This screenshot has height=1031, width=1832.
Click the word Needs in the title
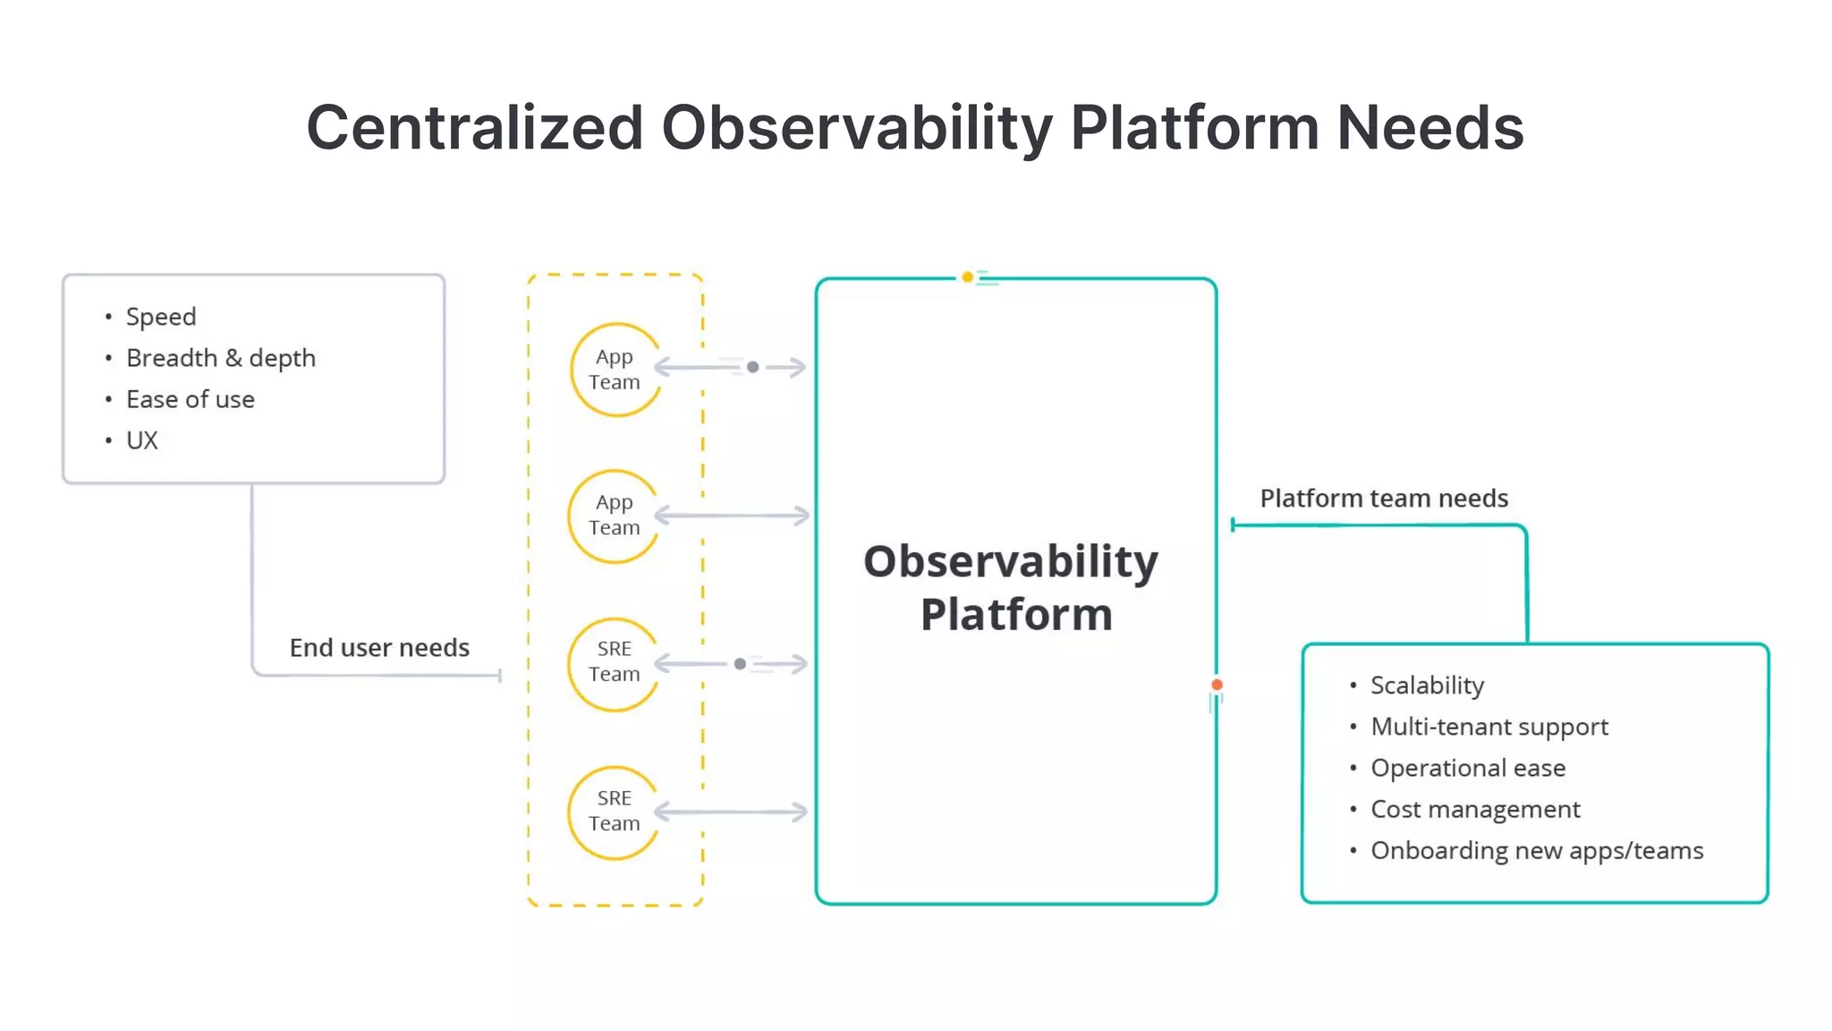click(1429, 127)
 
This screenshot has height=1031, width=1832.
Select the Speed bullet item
click(161, 317)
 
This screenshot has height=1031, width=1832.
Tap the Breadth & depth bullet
click(221, 358)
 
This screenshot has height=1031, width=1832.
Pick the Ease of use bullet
click(191, 399)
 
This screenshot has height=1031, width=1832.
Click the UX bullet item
click(142, 440)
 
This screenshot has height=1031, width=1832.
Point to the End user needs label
click(379, 647)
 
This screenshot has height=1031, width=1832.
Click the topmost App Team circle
click(615, 370)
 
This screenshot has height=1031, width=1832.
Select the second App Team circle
click(614, 515)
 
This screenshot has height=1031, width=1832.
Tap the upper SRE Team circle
click(614, 662)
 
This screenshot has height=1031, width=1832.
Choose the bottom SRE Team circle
click(614, 811)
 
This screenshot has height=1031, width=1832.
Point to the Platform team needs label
click(1384, 498)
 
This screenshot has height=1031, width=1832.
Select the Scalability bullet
click(1427, 686)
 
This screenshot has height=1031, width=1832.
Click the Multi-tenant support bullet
click(1489, 727)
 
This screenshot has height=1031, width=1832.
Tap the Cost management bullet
click(1475, 809)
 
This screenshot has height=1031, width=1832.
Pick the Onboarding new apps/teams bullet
click(1537, 850)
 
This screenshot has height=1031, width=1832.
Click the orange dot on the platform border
click(1217, 685)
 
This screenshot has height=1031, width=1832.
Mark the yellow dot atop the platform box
click(967, 277)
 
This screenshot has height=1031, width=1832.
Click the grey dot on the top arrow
click(753, 367)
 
